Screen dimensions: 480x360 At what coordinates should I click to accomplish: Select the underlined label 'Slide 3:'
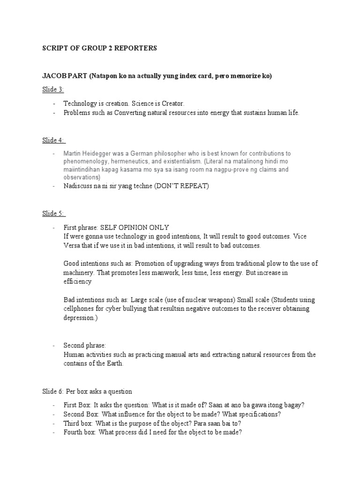[52, 90]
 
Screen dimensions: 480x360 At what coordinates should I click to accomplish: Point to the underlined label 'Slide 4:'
[53, 140]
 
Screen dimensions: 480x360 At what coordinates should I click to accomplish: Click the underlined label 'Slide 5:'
[53, 214]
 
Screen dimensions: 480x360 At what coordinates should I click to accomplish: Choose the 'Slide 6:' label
[53, 391]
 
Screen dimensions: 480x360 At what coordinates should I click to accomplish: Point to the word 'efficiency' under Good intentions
[77, 282]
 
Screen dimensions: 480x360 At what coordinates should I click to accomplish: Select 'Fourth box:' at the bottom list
[80, 432]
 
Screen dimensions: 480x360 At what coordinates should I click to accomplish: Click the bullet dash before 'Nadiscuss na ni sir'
[54, 187]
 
